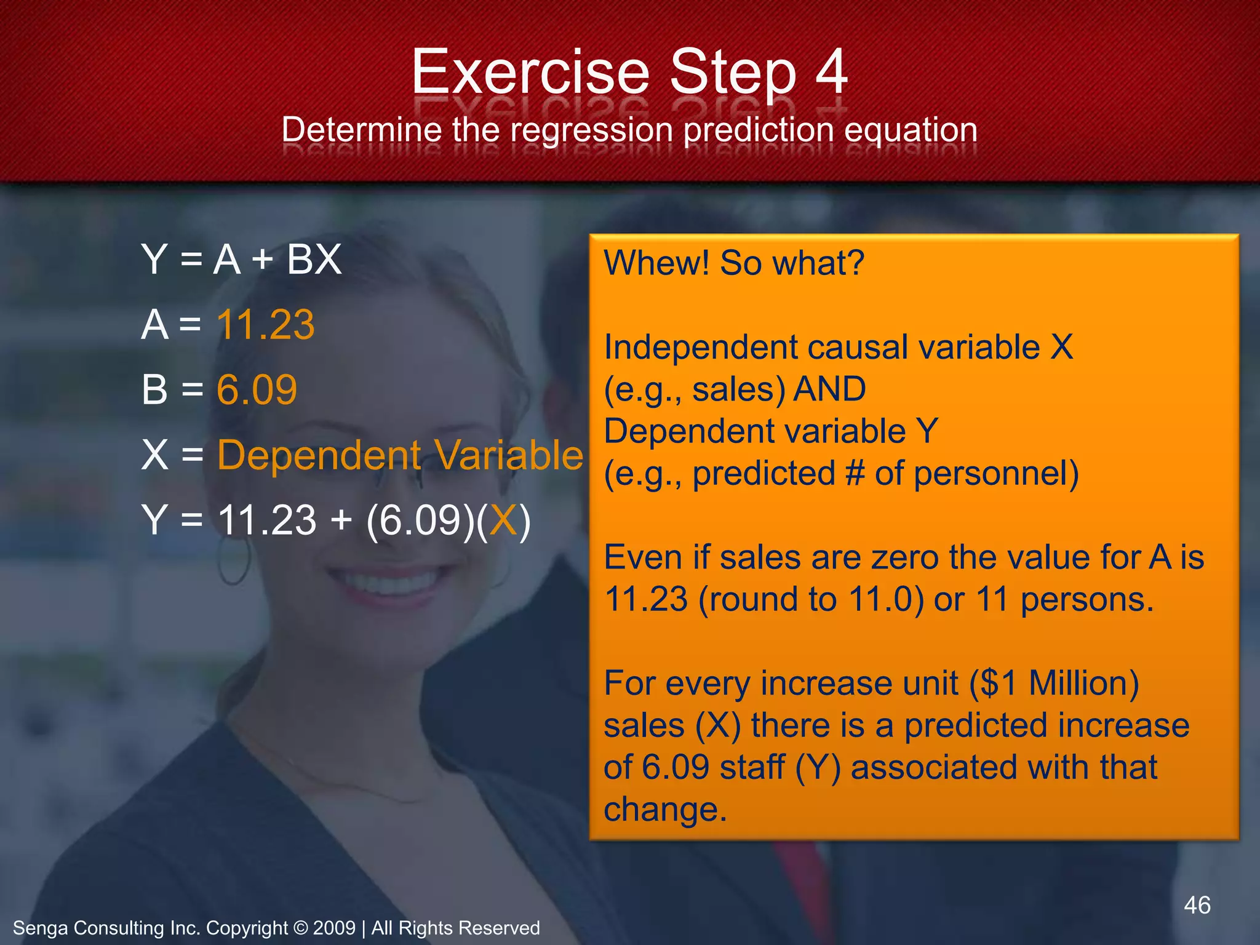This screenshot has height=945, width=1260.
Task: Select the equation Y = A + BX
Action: tap(241, 259)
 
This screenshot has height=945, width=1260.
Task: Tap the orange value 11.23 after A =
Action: tap(266, 324)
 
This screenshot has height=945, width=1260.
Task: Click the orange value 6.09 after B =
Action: tap(257, 389)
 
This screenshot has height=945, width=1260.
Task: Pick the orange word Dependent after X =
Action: tap(319, 455)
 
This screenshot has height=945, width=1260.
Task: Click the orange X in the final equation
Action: tap(504, 520)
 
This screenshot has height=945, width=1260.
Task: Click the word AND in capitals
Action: tap(830, 389)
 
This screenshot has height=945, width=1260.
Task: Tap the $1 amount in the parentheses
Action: tap(999, 684)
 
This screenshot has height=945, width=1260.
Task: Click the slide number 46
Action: tap(1197, 905)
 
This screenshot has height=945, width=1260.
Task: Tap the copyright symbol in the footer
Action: tap(300, 928)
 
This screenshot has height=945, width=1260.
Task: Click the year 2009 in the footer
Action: tap(334, 928)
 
